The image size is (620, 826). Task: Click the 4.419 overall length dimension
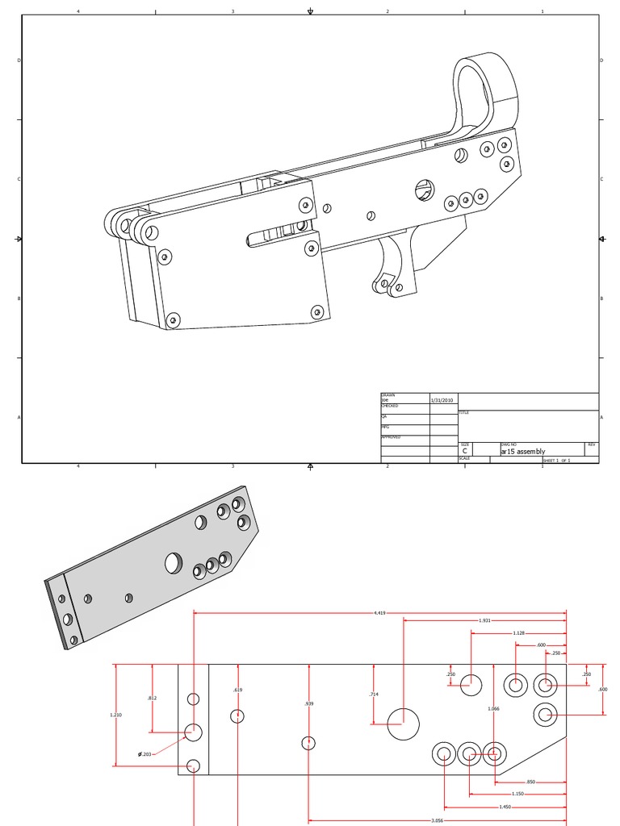(x=379, y=613)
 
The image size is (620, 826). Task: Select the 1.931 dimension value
(x=485, y=620)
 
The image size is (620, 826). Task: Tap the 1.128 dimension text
(x=519, y=633)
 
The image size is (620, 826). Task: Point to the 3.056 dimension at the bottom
(x=437, y=820)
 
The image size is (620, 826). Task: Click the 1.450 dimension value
(x=505, y=807)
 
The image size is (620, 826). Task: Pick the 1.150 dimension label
(x=517, y=794)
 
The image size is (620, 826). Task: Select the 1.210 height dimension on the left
(x=116, y=715)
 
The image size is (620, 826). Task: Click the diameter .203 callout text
(x=145, y=754)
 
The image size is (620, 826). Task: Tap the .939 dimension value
(x=309, y=704)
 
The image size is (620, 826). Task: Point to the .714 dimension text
(x=373, y=694)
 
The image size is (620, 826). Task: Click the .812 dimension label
(x=152, y=698)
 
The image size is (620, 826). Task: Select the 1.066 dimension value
(x=493, y=708)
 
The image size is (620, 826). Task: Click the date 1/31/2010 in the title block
(x=442, y=400)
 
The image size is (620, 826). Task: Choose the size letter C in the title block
(x=464, y=452)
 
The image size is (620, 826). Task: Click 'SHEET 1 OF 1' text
(x=556, y=460)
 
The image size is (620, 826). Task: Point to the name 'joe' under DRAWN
(x=385, y=400)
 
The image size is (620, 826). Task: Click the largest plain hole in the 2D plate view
(x=404, y=724)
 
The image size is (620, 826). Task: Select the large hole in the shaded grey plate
(x=174, y=563)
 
